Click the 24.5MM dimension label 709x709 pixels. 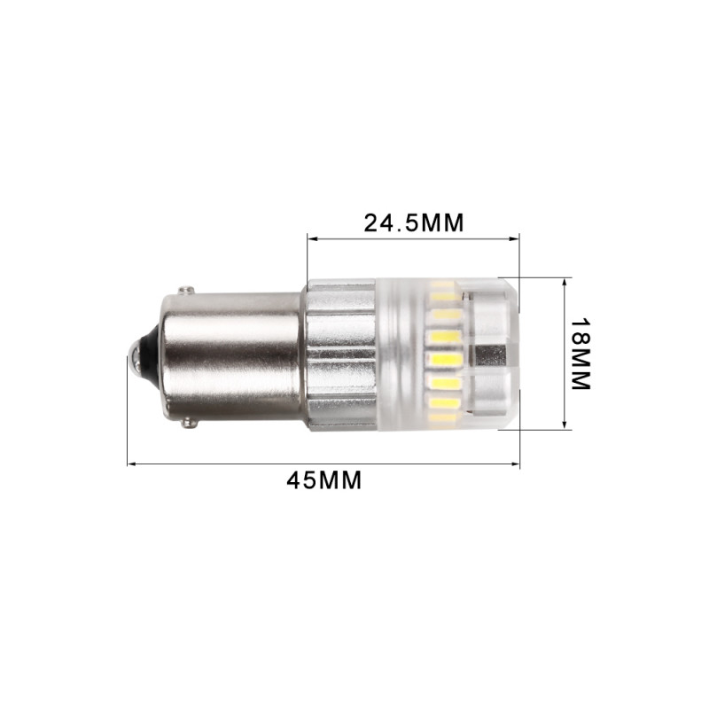click(x=414, y=222)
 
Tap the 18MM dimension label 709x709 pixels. click(x=580, y=354)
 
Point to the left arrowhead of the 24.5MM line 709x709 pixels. click(x=311, y=238)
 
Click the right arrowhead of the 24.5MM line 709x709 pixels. click(x=515, y=238)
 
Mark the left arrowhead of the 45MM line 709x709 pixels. click(x=131, y=463)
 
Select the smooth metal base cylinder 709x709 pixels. click(x=230, y=357)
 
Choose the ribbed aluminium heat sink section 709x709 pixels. click(x=341, y=355)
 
